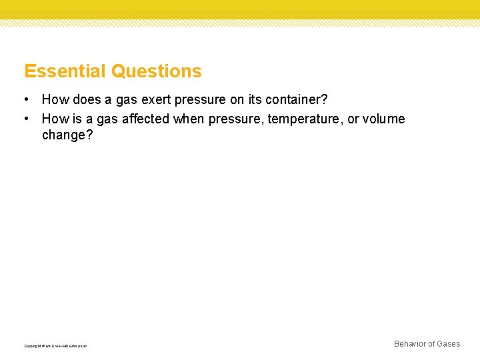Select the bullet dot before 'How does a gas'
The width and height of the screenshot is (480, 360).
coord(25,100)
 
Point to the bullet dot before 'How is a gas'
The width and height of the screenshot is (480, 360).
coord(25,119)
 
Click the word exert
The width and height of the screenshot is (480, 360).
coord(155,100)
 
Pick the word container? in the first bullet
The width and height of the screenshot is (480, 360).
coord(297,100)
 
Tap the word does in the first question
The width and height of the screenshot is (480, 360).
coord(84,100)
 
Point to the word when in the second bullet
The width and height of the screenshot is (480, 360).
coord(189,119)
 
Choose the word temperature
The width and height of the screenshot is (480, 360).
coord(305,119)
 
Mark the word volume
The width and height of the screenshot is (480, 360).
coord(384,119)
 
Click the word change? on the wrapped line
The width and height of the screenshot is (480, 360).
coord(67,135)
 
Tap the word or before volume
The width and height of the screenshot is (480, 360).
coord(353,119)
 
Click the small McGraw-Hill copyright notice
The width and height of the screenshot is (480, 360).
coord(55,346)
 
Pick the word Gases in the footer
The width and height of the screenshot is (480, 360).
coord(448,344)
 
